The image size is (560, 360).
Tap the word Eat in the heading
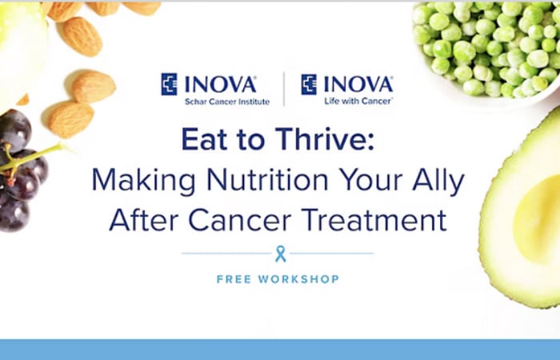tap(204, 139)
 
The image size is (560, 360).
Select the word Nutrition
tap(267, 180)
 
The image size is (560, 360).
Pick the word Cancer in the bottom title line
tap(240, 220)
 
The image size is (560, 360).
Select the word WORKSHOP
tap(298, 279)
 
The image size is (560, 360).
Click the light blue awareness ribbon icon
tap(281, 254)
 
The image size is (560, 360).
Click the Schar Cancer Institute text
tap(227, 102)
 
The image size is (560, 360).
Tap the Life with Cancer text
tap(358, 102)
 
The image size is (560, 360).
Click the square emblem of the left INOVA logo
tap(169, 84)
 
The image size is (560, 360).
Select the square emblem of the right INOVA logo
tap(309, 84)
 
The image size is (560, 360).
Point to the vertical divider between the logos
tap(284, 90)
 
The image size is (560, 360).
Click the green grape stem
tap(32, 157)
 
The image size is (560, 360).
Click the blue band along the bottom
tap(280, 350)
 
